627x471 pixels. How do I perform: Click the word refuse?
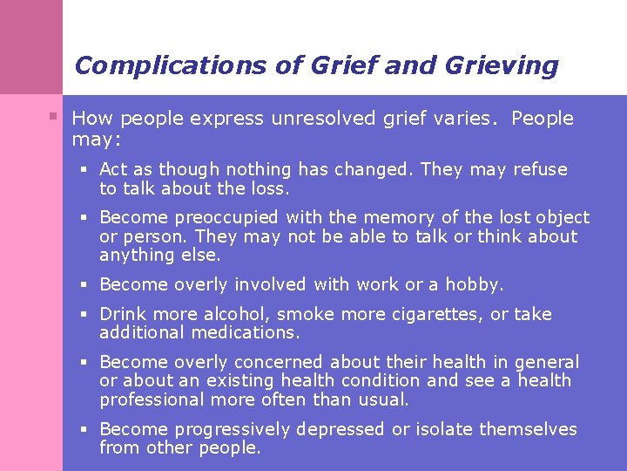(x=540, y=169)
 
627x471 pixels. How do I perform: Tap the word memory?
(x=392, y=218)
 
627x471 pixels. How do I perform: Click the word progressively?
(x=233, y=429)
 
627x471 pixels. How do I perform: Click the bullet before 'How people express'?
(x=54, y=116)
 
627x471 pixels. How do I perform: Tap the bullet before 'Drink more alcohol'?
(x=88, y=314)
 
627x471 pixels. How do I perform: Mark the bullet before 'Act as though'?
(x=88, y=169)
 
